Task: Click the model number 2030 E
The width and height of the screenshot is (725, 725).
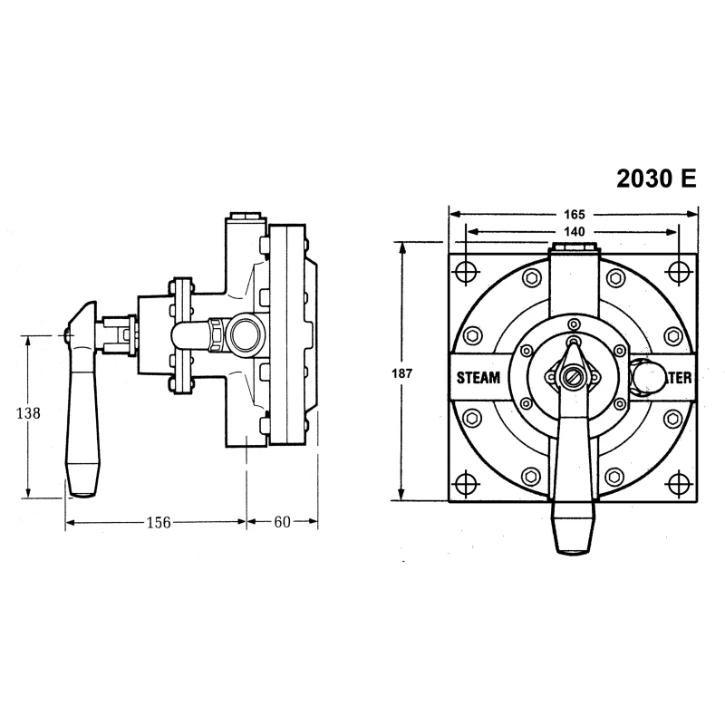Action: point(657,179)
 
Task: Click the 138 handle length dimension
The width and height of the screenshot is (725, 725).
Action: point(30,413)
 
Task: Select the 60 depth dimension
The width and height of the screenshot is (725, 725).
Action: point(282,521)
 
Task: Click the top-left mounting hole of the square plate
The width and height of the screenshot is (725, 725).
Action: point(465,271)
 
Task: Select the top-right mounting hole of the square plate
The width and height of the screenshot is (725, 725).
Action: point(678,271)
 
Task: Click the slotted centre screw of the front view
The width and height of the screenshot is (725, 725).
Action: point(571,375)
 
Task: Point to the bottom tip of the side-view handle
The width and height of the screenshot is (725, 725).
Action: point(81,495)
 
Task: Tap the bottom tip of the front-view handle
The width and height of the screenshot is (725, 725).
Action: point(572,551)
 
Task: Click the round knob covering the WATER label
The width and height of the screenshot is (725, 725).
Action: point(646,375)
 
